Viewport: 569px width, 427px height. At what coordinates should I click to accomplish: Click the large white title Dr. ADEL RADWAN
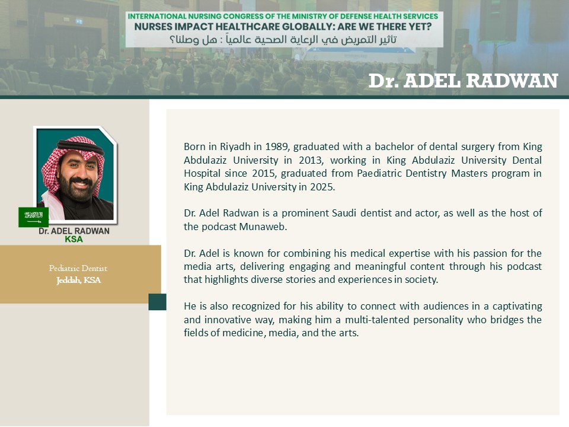463,81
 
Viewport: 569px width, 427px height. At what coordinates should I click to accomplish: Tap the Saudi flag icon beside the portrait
33,217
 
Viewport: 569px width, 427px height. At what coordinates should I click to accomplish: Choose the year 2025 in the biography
322,187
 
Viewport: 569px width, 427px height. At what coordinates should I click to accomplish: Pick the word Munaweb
263,227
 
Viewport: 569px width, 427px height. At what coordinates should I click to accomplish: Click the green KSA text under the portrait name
73,239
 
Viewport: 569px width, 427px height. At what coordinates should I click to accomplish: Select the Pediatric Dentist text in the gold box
78,268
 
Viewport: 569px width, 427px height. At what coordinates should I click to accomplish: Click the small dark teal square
158,302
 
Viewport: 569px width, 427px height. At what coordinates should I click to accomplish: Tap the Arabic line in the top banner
283,40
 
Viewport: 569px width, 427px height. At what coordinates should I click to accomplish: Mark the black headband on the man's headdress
81,146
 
